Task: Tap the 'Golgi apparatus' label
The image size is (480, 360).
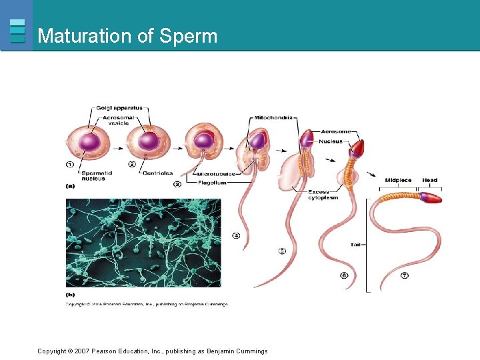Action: (119, 107)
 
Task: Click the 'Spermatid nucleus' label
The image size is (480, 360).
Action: (93, 175)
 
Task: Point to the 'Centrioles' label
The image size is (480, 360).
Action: (157, 173)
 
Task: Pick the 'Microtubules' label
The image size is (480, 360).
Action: (215, 174)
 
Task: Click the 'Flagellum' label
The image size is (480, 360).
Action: (212, 182)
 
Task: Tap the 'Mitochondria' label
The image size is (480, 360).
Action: (273, 117)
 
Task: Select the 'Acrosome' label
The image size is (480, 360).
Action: (337, 131)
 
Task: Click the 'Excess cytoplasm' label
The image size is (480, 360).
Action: (323, 195)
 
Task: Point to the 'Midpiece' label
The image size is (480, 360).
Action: (398, 181)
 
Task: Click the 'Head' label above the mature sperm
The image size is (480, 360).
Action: (430, 181)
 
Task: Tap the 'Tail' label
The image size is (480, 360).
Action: (357, 245)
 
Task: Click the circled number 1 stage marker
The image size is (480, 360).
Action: (70, 164)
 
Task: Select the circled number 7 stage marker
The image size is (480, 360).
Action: (405, 275)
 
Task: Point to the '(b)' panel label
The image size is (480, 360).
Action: (70, 294)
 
